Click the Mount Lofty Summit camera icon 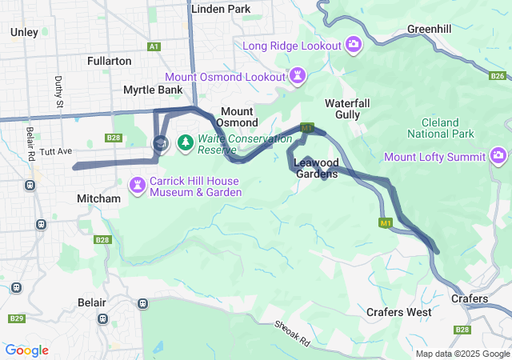tap(499, 154)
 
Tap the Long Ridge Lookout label tap(293, 45)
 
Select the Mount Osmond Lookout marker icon tap(298, 76)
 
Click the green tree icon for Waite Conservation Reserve tap(186, 142)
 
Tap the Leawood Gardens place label tap(315, 168)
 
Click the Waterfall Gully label tap(347, 109)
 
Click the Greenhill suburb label tap(430, 29)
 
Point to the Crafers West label tap(398, 312)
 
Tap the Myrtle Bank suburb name tap(152, 90)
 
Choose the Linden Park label tap(221, 9)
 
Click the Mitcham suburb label tap(98, 198)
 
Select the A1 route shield tap(154, 47)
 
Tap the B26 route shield tap(498, 76)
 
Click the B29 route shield tap(16, 318)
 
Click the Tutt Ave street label tap(56, 151)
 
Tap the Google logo tap(26, 350)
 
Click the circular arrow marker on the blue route tap(160, 143)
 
